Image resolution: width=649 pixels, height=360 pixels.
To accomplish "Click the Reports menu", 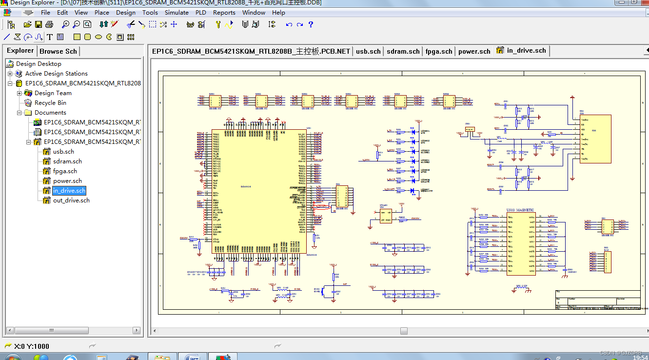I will [224, 13].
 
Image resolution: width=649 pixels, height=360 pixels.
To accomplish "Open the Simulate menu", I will [177, 13].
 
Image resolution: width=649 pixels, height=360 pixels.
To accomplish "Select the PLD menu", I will [200, 13].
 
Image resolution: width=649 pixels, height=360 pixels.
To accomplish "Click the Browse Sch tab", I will [58, 51].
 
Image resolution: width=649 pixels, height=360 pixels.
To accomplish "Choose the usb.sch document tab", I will [368, 51].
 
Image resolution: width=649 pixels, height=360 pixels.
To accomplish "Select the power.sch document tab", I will [474, 51].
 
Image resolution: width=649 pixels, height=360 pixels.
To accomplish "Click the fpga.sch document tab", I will [439, 51].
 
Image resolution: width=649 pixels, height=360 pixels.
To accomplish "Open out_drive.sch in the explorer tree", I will [71, 200].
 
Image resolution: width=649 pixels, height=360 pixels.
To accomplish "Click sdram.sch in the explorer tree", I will [67, 161].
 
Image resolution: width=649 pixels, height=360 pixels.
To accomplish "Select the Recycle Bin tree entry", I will [50, 103].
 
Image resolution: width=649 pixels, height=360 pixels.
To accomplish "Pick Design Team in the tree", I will [53, 93].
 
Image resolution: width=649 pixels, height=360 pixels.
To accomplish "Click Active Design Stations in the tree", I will [56, 74].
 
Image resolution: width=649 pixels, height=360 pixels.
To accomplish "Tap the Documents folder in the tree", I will [50, 113].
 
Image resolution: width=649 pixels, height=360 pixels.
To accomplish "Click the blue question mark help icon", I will [311, 24].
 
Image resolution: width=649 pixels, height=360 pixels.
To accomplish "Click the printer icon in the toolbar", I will [49, 24].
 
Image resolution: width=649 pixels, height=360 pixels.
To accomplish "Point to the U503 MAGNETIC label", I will [520, 210].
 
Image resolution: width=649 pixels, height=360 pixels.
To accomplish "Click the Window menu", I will [254, 13].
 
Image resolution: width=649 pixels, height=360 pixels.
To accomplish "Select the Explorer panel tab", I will [20, 51].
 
